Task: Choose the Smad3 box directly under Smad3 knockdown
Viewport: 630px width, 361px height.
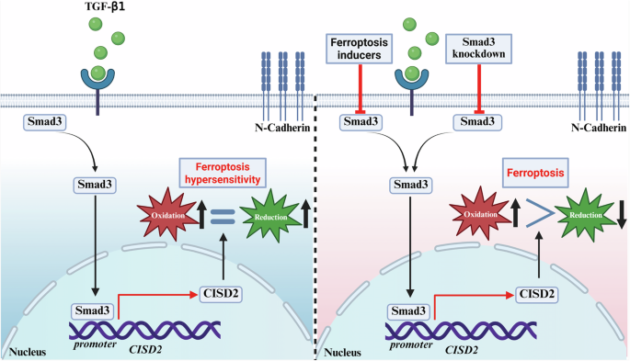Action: pos(477,120)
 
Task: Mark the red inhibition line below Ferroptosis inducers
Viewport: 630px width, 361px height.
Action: pos(361,87)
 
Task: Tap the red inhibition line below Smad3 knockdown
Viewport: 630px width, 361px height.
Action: pos(477,87)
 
